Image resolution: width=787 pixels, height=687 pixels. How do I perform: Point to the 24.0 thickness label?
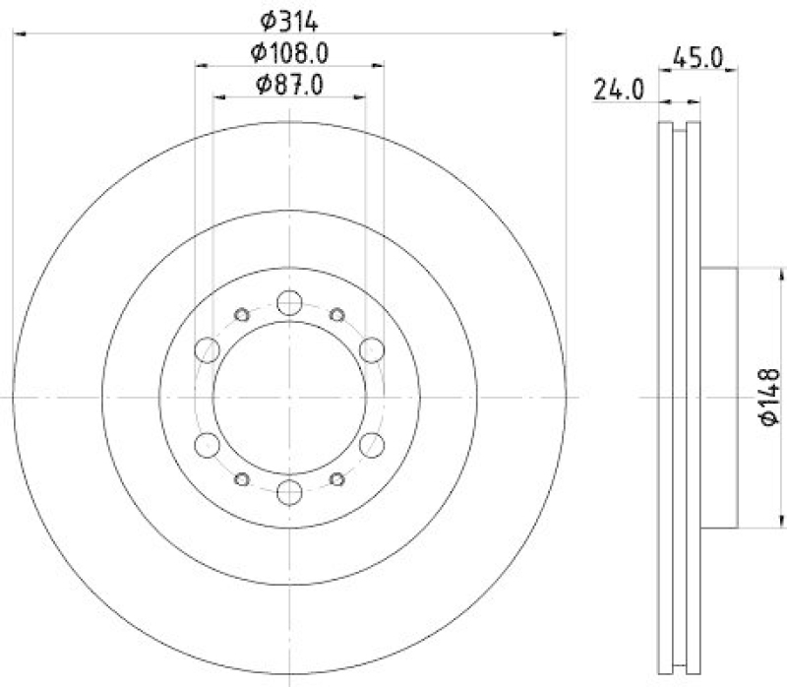point(618,92)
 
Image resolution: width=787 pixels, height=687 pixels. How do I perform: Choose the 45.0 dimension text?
point(696,60)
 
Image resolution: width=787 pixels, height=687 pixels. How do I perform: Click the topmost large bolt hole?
point(290,302)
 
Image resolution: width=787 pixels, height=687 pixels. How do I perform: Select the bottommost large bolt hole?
point(290,491)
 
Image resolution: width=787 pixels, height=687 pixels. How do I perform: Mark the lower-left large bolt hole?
point(209,445)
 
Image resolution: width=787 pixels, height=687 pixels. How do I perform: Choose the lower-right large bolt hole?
point(371,445)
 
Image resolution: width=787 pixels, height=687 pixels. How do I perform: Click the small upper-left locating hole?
point(242,315)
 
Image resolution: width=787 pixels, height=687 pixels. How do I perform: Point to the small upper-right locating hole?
point(337,315)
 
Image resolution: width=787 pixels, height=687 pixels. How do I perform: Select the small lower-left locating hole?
point(242,479)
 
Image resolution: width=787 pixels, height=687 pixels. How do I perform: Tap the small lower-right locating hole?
point(337,479)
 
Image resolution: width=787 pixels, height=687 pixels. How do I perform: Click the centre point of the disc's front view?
point(290,397)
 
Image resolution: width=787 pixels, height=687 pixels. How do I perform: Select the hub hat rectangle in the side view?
point(719,397)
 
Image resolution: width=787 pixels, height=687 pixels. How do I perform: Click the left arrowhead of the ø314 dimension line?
point(18,34)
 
